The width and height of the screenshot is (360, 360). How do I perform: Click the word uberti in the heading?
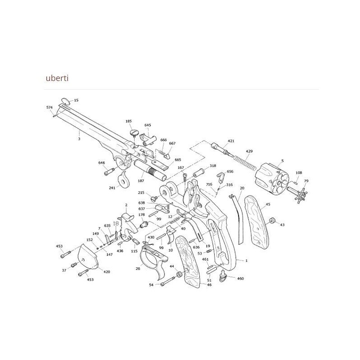pos(57,78)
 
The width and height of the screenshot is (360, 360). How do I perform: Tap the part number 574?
pos(49,108)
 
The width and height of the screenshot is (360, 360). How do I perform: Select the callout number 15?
pos(76,100)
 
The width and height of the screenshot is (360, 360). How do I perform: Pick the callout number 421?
pos(231,141)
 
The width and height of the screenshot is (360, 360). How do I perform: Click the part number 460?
pos(240,279)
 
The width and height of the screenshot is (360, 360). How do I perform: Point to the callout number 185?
pos(129,121)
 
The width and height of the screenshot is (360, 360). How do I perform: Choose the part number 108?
pos(298,173)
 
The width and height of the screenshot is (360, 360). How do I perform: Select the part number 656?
pos(230,171)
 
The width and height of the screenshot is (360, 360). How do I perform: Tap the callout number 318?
pos(213,166)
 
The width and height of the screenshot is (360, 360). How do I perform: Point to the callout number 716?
pos(209,184)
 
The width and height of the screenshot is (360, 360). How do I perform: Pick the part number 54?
pos(151,285)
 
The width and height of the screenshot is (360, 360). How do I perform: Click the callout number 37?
pos(64,270)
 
